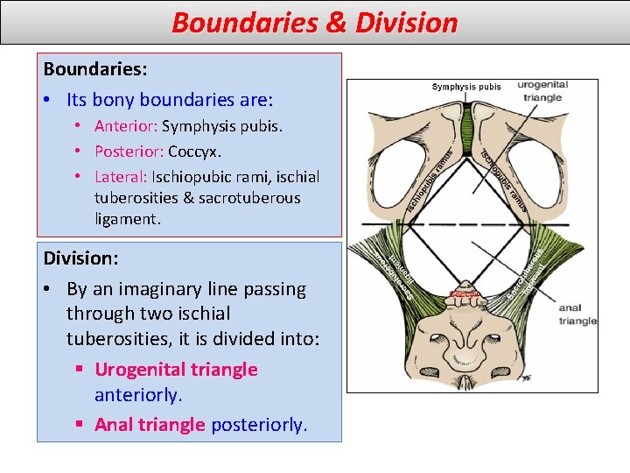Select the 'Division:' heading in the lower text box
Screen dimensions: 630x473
pyautogui.click(x=80, y=258)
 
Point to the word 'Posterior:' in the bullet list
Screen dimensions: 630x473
pyautogui.click(x=129, y=151)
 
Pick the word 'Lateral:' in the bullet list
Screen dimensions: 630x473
pyautogui.click(x=121, y=176)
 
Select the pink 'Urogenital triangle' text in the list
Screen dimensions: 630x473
pyautogui.click(x=176, y=370)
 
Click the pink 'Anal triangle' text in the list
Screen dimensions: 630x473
pyautogui.click(x=150, y=425)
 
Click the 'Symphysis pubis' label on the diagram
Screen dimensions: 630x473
pyautogui.click(x=466, y=87)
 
